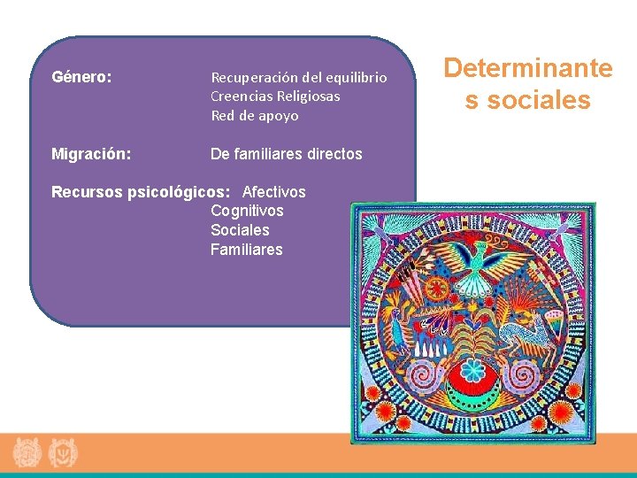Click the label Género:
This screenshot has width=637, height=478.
81,77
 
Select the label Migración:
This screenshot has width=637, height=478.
91,154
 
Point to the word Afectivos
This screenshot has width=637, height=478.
273,192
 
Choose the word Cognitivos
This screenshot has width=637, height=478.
247,211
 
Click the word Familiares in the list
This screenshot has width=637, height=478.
246,250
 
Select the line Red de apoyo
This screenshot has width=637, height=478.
254,116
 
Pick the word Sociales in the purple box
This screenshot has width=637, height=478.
240,230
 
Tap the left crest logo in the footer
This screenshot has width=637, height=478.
27,453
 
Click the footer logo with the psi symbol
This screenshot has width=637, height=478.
62,453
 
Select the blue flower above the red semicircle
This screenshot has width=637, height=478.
473,368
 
